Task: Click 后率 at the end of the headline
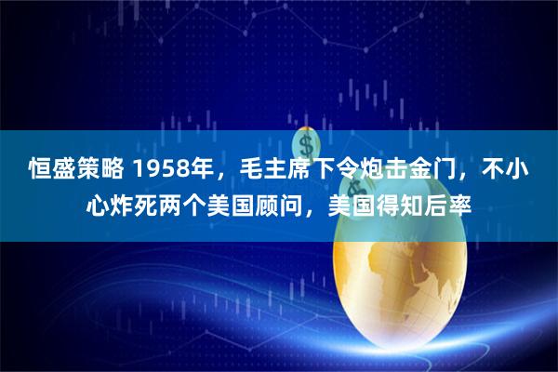446,205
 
